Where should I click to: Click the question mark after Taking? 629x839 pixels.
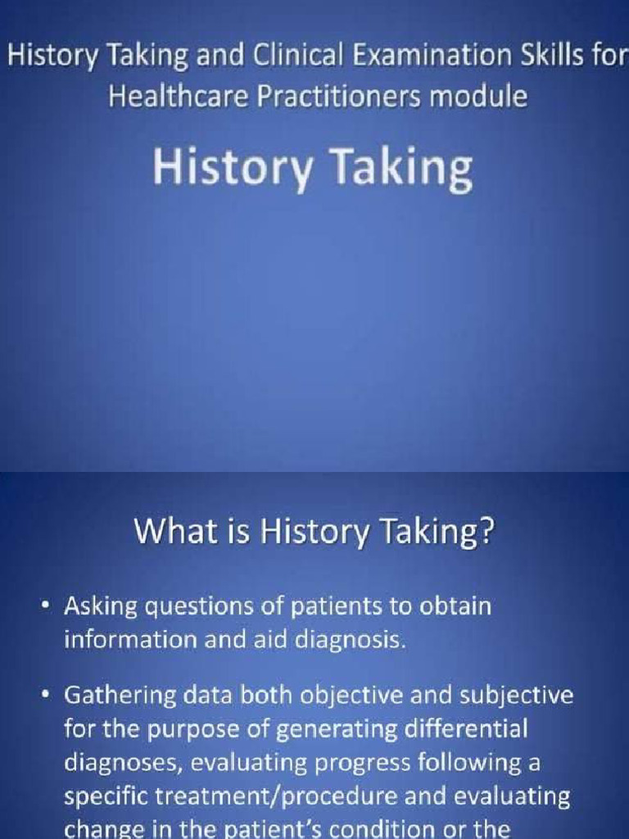(487, 533)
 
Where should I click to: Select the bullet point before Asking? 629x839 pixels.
(46, 607)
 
